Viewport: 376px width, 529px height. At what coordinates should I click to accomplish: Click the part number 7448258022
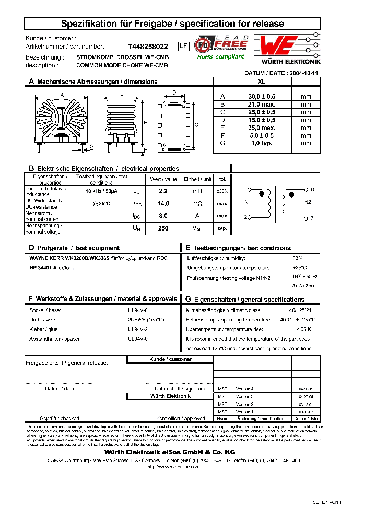click(148, 47)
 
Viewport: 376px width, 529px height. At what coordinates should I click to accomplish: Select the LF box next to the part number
click(183, 46)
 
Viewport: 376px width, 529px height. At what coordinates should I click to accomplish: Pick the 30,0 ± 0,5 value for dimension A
click(262, 96)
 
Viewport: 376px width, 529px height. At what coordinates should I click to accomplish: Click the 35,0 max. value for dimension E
click(262, 128)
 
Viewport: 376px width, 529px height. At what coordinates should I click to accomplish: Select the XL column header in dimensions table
click(262, 82)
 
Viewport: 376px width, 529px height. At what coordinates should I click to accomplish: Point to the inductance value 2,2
click(162, 191)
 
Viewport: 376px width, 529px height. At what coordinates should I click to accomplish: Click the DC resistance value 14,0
click(162, 203)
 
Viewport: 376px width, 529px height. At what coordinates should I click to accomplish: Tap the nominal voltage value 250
click(162, 228)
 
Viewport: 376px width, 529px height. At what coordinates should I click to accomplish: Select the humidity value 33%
click(297, 258)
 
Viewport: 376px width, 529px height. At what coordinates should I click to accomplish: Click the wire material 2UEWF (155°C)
click(146, 319)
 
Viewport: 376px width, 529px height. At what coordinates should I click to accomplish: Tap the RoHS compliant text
click(220, 57)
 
